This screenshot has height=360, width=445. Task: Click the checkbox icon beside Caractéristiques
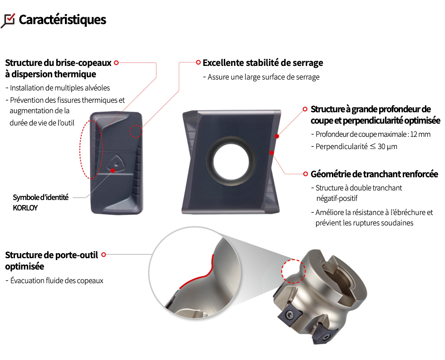8,21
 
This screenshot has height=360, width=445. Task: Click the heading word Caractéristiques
63,20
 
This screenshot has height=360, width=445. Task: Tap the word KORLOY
25,208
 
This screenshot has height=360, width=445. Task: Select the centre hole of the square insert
231,162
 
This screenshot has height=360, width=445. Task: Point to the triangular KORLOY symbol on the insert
116,163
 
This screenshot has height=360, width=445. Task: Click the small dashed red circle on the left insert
136,131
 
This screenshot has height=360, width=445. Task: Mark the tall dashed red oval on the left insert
90,150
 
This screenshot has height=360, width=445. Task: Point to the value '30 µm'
387,147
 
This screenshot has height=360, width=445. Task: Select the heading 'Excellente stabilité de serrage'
263,63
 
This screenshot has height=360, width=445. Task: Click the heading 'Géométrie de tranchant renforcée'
374,174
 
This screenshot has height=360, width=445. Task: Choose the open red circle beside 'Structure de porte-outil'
104,255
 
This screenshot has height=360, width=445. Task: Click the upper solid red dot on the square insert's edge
277,136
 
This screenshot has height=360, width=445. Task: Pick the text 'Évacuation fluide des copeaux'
57,281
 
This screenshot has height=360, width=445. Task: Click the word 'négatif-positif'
337,198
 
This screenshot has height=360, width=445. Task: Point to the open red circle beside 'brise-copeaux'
116,63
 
